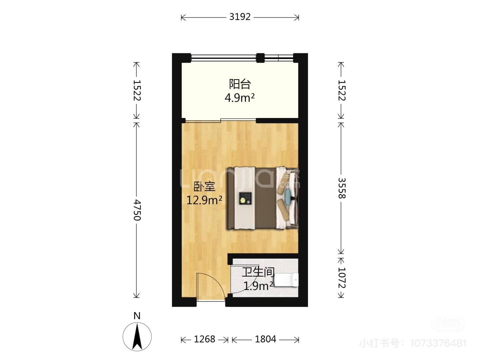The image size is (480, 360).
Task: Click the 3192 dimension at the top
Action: (240, 17)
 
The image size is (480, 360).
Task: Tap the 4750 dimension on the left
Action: (137, 210)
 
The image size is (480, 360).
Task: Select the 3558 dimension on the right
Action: (342, 188)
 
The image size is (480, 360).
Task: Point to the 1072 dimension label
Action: (342, 278)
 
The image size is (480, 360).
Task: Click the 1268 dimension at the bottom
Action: (204, 339)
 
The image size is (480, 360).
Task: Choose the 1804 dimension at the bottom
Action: (265, 339)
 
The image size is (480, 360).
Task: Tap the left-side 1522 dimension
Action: (137, 90)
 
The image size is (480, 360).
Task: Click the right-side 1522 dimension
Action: (342, 90)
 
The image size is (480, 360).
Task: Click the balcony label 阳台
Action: (240, 84)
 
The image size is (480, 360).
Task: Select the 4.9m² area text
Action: (240, 98)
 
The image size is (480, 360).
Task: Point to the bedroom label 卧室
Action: (204, 186)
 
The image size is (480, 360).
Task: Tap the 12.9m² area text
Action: (204, 200)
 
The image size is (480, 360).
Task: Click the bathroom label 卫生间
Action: (258, 272)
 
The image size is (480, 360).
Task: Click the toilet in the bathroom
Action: (286, 280)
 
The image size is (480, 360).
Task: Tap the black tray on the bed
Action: (245, 198)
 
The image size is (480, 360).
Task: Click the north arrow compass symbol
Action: (137, 337)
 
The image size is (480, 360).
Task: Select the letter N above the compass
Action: (137, 316)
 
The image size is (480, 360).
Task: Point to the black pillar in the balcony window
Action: (260, 58)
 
